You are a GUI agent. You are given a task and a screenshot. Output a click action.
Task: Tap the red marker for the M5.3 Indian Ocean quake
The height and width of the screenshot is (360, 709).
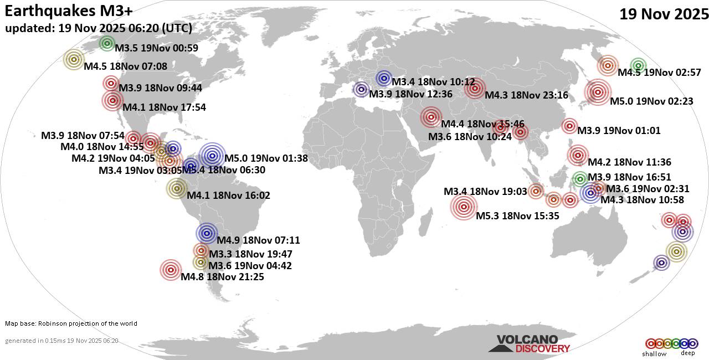pyautogui.click(x=464, y=208)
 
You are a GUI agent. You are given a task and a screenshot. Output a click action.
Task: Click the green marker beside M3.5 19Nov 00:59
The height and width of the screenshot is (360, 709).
pyautogui.click(x=107, y=43)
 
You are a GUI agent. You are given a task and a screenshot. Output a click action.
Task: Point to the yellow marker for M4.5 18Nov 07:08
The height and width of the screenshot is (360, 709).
pyautogui.click(x=73, y=59)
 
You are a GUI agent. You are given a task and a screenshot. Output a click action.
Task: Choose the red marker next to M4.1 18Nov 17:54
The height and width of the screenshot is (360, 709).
pyautogui.click(x=112, y=100)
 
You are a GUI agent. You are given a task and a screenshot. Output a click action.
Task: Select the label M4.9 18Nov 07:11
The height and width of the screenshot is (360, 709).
pyautogui.click(x=258, y=240)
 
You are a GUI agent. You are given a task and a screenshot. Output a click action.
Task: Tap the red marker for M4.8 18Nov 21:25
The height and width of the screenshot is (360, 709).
pyautogui.click(x=171, y=270)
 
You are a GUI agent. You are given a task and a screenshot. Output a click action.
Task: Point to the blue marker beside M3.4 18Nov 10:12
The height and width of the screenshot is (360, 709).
pyautogui.click(x=383, y=78)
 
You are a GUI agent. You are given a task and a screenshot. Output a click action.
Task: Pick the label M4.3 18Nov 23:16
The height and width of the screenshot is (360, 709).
pyautogui.click(x=526, y=95)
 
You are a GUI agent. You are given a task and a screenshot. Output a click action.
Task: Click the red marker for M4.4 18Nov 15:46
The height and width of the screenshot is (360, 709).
pyautogui.click(x=430, y=117)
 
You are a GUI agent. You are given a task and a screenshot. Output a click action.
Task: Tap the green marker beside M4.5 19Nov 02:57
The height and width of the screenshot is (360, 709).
pyautogui.click(x=638, y=65)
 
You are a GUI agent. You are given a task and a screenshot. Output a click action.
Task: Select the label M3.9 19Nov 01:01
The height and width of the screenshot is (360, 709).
pyautogui.click(x=619, y=131)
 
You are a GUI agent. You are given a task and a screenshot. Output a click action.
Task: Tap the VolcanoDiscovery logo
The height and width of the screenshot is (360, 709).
pyautogui.click(x=529, y=344)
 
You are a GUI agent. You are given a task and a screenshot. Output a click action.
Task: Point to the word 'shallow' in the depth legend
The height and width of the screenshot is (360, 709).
pyautogui.click(x=654, y=354)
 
